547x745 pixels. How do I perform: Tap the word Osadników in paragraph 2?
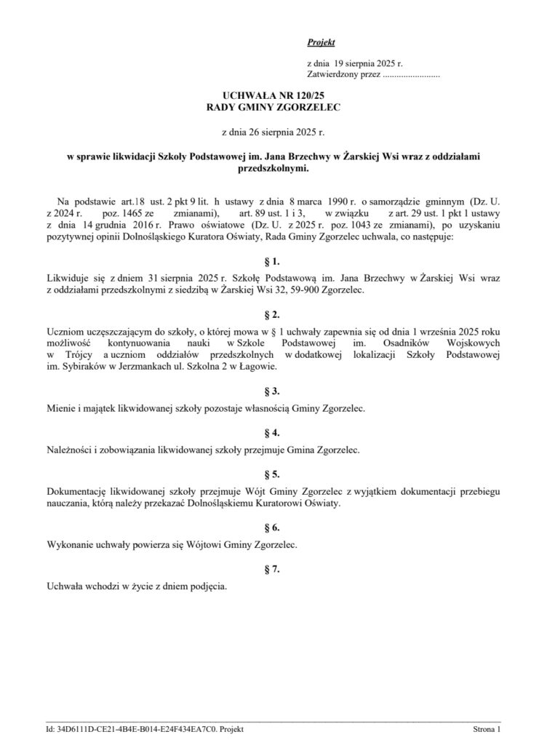pyautogui.click(x=407, y=343)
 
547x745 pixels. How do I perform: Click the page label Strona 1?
pyautogui.click(x=487, y=728)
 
